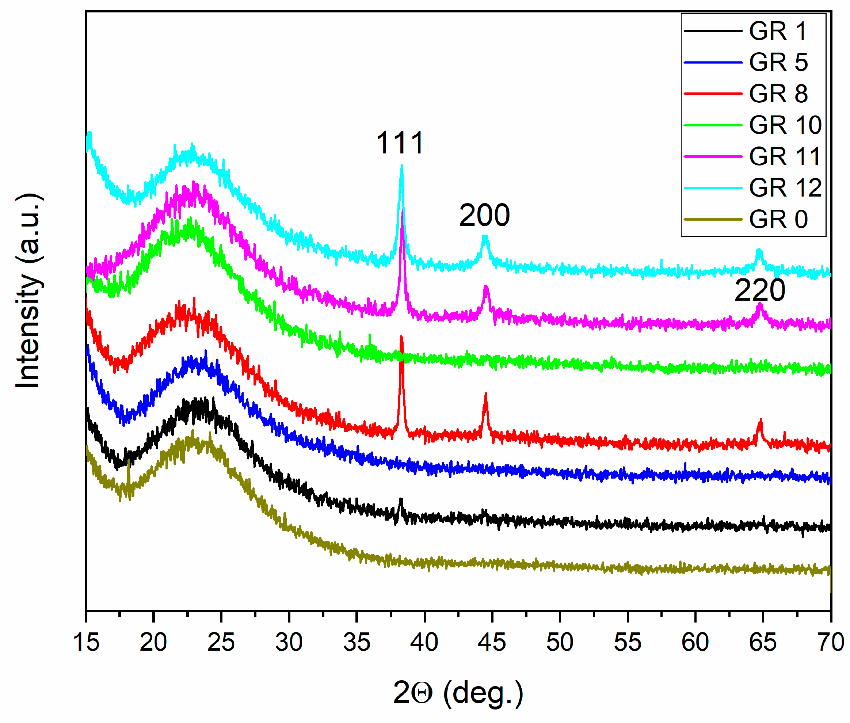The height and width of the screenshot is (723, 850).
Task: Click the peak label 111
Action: (x=400, y=143)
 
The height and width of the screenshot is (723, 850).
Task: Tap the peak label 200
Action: (x=484, y=215)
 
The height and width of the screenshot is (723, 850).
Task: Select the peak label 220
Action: (x=759, y=290)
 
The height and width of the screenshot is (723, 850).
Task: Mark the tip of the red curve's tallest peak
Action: (x=401, y=337)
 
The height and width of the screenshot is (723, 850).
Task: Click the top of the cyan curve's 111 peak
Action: (x=402, y=166)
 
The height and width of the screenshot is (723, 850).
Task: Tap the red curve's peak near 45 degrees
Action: (x=486, y=395)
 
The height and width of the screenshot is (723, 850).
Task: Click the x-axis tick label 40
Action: (x=424, y=642)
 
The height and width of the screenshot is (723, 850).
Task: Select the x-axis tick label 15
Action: (x=86, y=642)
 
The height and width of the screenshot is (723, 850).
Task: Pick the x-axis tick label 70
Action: (x=830, y=642)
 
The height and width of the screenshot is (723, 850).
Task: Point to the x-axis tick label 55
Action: (x=628, y=642)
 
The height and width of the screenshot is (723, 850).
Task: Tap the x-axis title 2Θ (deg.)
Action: (x=458, y=693)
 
